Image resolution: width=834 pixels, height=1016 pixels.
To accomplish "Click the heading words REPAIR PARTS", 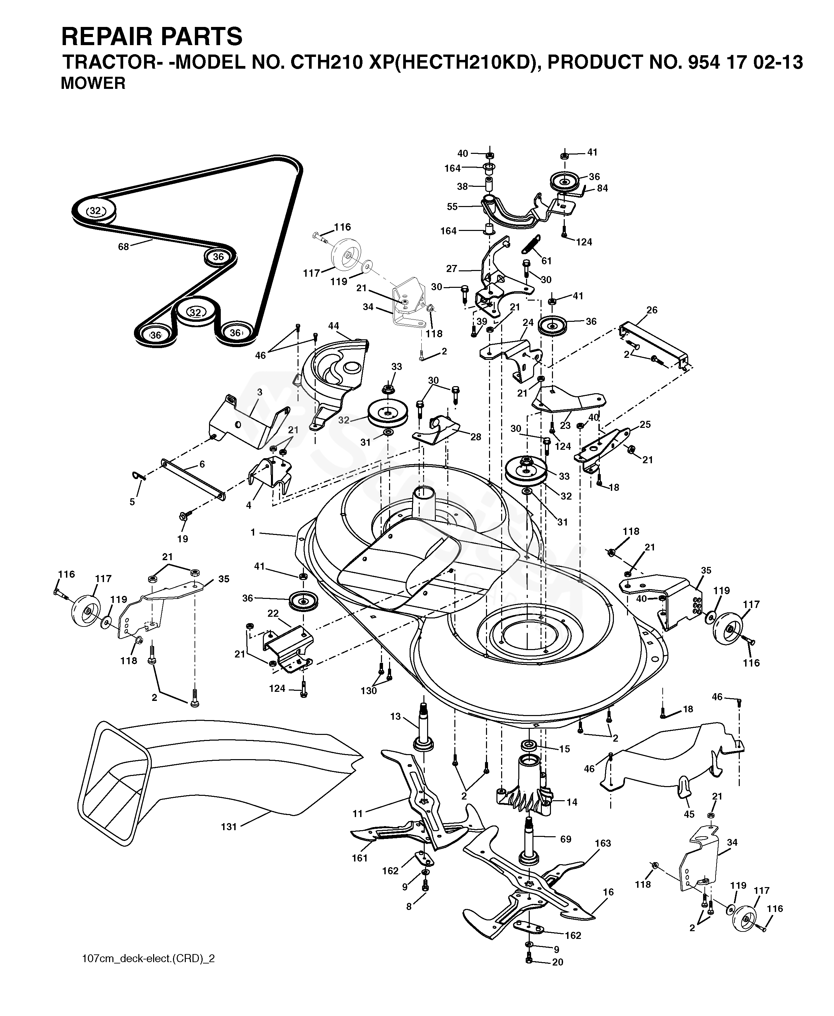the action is (x=151, y=36).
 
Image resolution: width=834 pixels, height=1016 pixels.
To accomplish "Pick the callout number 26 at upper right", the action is (x=652, y=310).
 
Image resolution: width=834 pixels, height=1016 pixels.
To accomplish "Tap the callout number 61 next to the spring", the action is (x=546, y=261).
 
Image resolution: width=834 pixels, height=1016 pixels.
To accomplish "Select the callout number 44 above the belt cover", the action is (x=334, y=326).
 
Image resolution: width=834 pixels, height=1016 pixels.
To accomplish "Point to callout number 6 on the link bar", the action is (x=202, y=464).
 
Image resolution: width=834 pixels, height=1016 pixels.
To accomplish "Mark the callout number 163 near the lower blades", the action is (x=603, y=843).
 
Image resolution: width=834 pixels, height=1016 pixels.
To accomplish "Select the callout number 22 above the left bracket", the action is (x=273, y=614).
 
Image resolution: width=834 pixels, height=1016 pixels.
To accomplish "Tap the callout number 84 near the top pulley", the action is (x=602, y=189).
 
